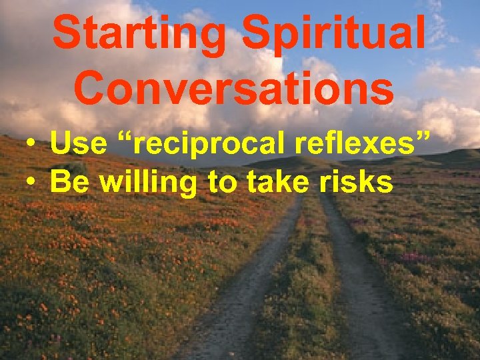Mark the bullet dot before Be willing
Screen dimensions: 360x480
31,182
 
